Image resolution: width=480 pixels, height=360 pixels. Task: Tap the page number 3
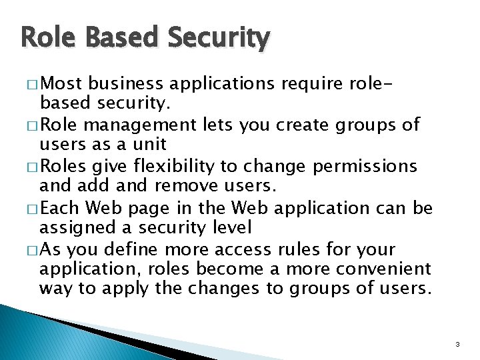457,345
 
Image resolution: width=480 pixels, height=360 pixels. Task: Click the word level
231,227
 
